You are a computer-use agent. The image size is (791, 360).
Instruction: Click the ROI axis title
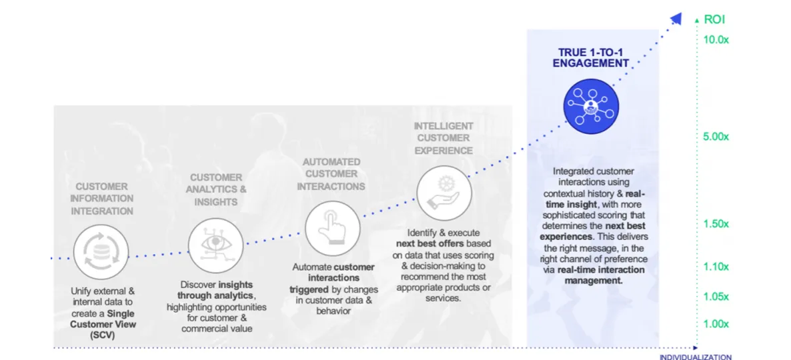pyautogui.click(x=714, y=19)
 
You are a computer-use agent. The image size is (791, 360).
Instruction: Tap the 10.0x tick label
pyautogui.click(x=716, y=39)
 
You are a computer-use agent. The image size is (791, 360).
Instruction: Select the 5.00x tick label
pyautogui.click(x=716, y=137)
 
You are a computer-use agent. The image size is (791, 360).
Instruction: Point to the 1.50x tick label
pyautogui.click(x=716, y=224)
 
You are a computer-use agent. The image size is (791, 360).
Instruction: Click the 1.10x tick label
pyautogui.click(x=716, y=267)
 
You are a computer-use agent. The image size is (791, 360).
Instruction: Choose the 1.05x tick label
pyautogui.click(x=716, y=297)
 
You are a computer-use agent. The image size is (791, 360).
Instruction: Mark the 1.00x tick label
pyautogui.click(x=716, y=323)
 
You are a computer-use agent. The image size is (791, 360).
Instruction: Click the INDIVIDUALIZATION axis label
pyautogui.click(x=696, y=357)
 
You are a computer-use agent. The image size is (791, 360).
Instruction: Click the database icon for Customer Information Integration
pyautogui.click(x=101, y=251)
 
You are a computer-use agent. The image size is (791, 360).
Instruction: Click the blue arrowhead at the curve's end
pyautogui.click(x=676, y=18)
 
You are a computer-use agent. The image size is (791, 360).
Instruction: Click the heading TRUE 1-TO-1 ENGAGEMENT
pyautogui.click(x=591, y=57)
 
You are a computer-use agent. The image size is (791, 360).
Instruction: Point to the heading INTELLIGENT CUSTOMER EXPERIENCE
pyautogui.click(x=444, y=138)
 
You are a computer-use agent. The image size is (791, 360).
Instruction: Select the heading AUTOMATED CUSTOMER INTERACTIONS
pyautogui.click(x=331, y=174)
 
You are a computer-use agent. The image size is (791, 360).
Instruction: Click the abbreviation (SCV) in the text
pyautogui.click(x=102, y=335)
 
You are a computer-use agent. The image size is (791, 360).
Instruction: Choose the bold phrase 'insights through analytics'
pyautogui.click(x=215, y=290)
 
